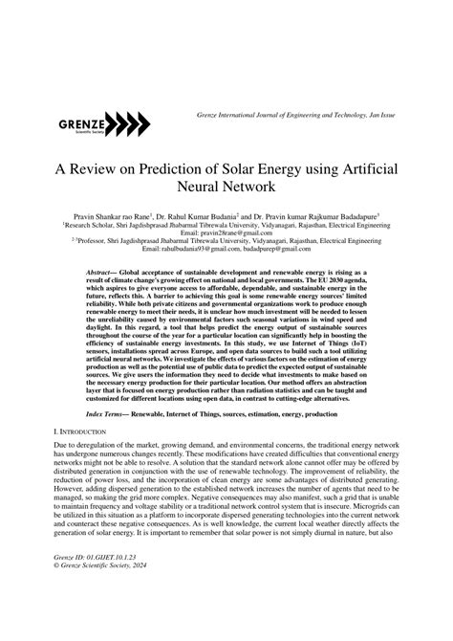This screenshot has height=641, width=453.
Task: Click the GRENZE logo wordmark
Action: coord(80,122)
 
